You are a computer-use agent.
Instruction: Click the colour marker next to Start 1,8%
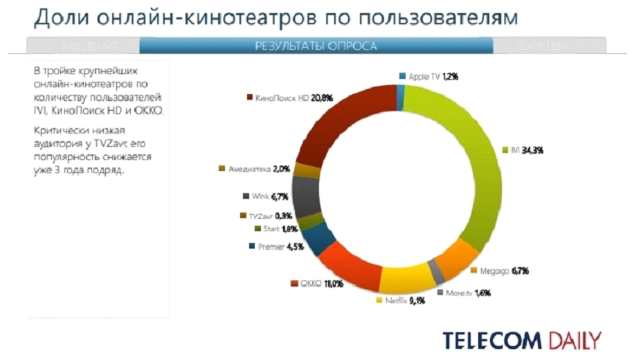click(x=257, y=228)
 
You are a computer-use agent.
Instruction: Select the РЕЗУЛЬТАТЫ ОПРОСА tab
click(x=316, y=46)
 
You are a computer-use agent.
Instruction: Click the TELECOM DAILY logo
click(x=522, y=341)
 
